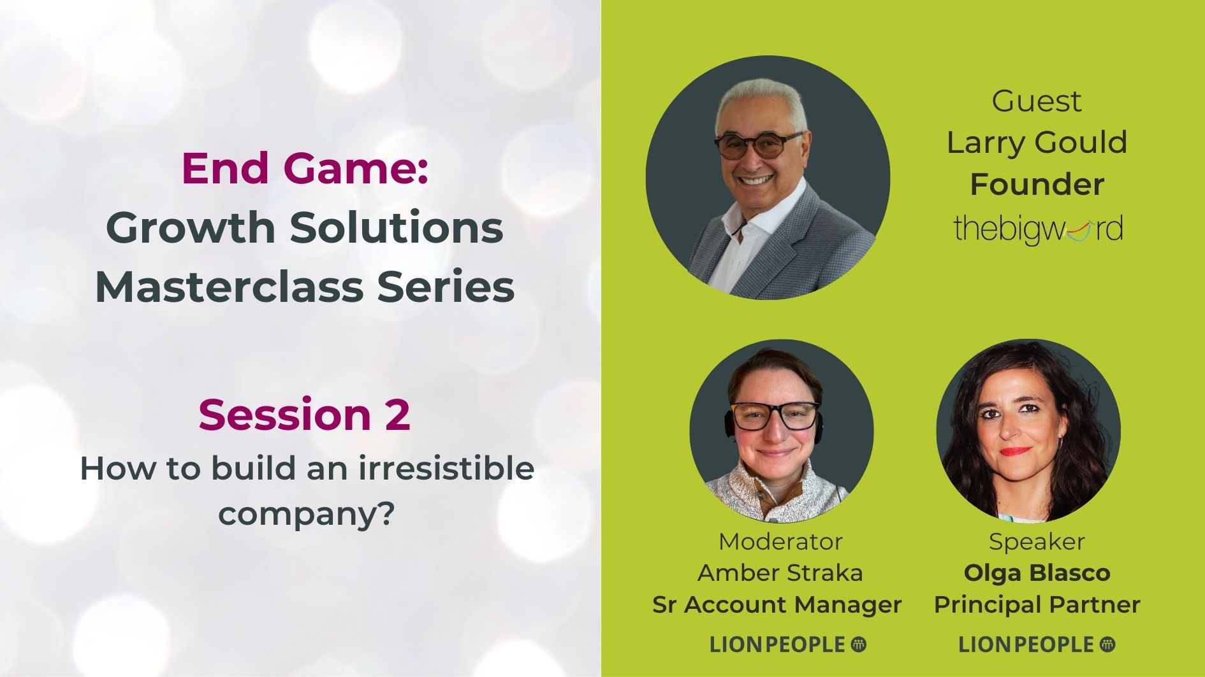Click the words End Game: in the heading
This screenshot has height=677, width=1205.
click(x=305, y=168)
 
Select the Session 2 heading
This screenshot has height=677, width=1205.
click(x=304, y=415)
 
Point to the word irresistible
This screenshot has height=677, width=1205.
click(x=446, y=468)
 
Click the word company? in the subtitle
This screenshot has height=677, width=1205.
click(x=304, y=513)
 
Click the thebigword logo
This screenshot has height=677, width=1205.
click(x=1038, y=230)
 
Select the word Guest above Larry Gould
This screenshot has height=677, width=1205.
click(x=1037, y=101)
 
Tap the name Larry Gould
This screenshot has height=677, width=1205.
click(x=1037, y=142)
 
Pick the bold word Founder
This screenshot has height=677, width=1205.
click(x=1037, y=185)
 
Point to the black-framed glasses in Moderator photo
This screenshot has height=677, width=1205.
click(x=775, y=416)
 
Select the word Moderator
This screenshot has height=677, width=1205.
click(x=780, y=541)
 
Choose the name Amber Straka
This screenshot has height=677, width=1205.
click(x=780, y=573)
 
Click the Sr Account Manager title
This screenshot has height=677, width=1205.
click(x=777, y=604)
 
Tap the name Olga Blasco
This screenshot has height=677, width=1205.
click(x=1037, y=573)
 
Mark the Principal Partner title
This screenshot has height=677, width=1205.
click(x=1037, y=604)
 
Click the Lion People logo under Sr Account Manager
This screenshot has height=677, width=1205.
click(x=788, y=645)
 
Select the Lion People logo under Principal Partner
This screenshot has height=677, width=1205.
click(x=1037, y=645)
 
